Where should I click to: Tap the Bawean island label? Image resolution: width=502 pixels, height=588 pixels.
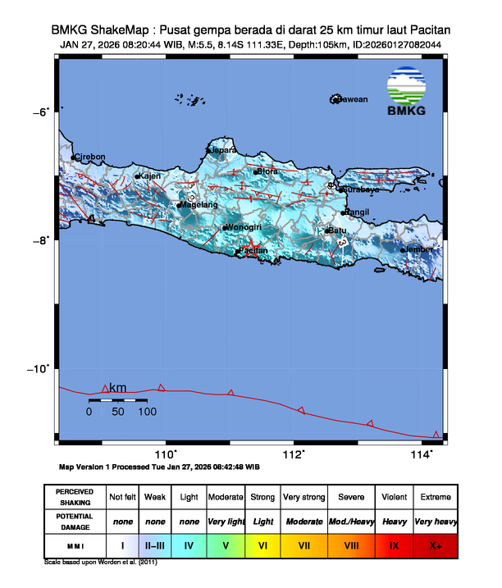[x=352, y=100]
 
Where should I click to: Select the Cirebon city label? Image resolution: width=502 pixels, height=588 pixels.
[x=90, y=157]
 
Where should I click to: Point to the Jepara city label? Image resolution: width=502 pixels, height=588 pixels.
[x=224, y=150]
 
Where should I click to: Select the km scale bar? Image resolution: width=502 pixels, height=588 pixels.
[x=118, y=401]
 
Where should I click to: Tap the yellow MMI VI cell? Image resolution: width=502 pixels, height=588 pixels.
[x=263, y=544]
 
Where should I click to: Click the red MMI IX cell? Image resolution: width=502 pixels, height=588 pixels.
[x=395, y=544]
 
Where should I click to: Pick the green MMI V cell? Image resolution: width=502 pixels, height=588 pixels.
[x=226, y=544]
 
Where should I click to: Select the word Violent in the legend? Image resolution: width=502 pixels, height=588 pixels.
[x=395, y=497]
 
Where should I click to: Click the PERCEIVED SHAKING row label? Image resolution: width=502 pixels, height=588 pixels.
[x=75, y=497]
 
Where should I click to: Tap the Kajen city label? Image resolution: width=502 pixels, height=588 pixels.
[x=148, y=175]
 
